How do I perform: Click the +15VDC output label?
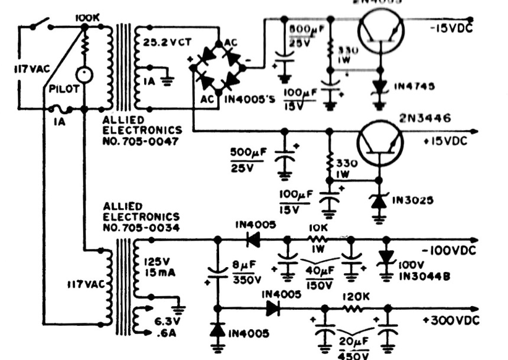[x=452, y=142]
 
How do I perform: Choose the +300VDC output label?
[x=452, y=320]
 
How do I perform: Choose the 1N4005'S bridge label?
[x=250, y=98]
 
